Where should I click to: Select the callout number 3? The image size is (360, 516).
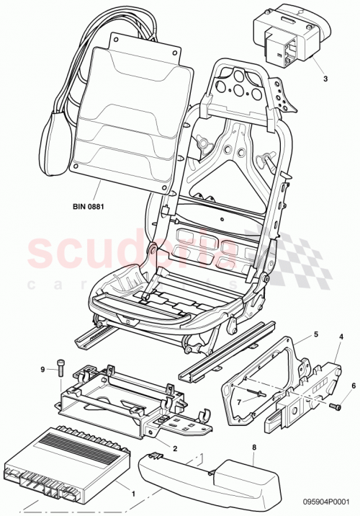coord(325,79)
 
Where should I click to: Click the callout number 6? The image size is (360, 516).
coord(353,385)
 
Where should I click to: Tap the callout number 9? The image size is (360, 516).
coord(42,369)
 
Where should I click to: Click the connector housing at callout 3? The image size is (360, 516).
coord(288,40)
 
